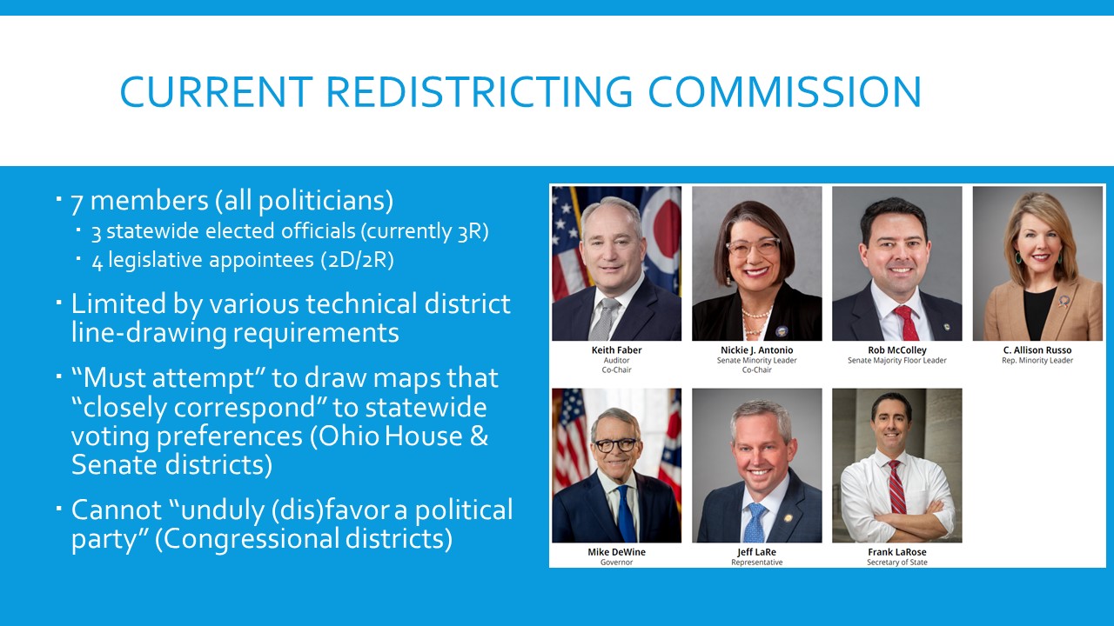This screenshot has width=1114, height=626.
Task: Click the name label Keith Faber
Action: (x=616, y=350)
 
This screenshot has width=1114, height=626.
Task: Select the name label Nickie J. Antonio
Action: (x=756, y=350)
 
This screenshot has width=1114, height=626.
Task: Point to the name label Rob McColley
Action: (x=896, y=350)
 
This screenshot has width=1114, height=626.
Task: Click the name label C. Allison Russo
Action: (x=1037, y=350)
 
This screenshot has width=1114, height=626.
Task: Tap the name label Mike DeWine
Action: (x=616, y=552)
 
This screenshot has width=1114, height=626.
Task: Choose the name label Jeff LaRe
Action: (x=756, y=552)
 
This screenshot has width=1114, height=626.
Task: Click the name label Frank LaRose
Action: (x=896, y=552)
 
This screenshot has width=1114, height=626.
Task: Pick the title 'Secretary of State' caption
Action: (x=896, y=563)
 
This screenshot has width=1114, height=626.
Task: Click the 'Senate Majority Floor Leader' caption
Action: (x=896, y=361)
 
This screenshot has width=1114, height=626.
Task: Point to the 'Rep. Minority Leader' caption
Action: (x=1037, y=361)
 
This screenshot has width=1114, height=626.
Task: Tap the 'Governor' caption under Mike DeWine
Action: (x=616, y=563)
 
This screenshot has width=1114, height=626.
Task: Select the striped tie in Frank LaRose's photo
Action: (x=895, y=491)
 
